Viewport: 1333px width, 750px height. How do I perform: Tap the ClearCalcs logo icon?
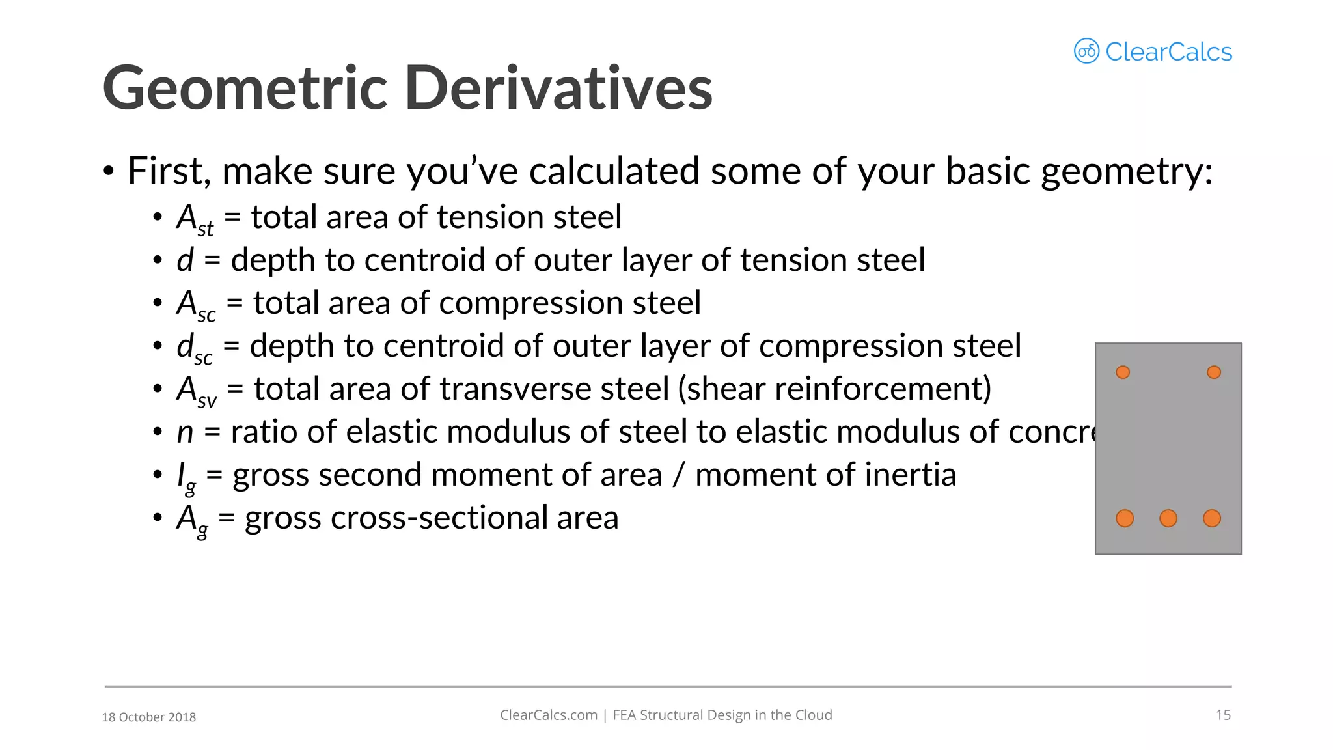(x=1086, y=51)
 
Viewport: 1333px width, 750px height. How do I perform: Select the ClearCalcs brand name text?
(x=1168, y=52)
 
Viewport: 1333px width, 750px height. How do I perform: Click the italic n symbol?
(x=185, y=432)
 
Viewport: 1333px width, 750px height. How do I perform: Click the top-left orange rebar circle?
(x=1123, y=372)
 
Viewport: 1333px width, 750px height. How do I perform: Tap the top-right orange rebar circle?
(x=1214, y=372)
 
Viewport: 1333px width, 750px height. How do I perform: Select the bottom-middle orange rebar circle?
(x=1168, y=518)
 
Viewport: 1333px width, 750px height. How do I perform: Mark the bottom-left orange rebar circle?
(x=1125, y=518)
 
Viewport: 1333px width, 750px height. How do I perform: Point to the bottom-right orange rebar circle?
(x=1212, y=518)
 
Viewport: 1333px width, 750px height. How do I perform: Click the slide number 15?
(x=1223, y=715)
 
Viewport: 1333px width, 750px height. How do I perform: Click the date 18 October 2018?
(x=149, y=717)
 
